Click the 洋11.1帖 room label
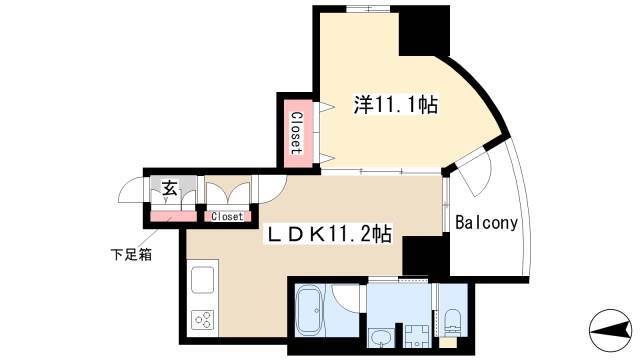[x=396, y=105]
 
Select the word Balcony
[x=487, y=223]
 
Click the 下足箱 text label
[x=131, y=254]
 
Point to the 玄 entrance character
[x=170, y=188]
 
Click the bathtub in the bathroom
[x=309, y=311]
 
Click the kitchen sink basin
[x=202, y=280]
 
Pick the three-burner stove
[x=202, y=320]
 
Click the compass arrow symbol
[x=610, y=330]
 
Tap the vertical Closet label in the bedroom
[x=297, y=133]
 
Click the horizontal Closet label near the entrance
[x=227, y=216]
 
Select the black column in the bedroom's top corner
[x=424, y=31]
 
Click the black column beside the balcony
[x=425, y=256]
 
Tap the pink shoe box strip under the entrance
[x=173, y=216]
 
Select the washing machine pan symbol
[x=416, y=337]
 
